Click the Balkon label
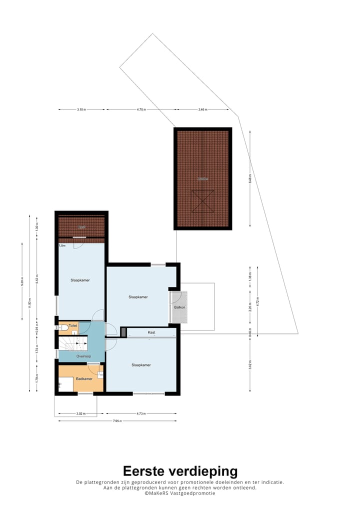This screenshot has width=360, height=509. (180, 307)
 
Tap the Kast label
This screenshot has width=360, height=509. (151, 332)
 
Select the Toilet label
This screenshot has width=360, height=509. (73, 325)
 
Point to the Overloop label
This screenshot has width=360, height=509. (83, 356)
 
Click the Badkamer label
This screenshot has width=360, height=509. (84, 379)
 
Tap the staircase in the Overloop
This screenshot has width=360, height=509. (72, 343)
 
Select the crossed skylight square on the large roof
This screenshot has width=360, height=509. (203, 201)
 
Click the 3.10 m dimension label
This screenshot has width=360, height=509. (82, 109)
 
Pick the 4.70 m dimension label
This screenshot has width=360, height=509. (141, 109)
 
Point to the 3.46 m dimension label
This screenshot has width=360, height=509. (202, 109)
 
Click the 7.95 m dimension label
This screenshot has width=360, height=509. (117, 421)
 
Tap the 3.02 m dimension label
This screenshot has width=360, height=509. (80, 414)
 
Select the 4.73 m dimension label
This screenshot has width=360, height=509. (141, 414)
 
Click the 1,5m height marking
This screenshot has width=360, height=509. (62, 246)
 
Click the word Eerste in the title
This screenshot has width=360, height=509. (145, 471)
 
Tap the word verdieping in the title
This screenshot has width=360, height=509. (204, 471)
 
